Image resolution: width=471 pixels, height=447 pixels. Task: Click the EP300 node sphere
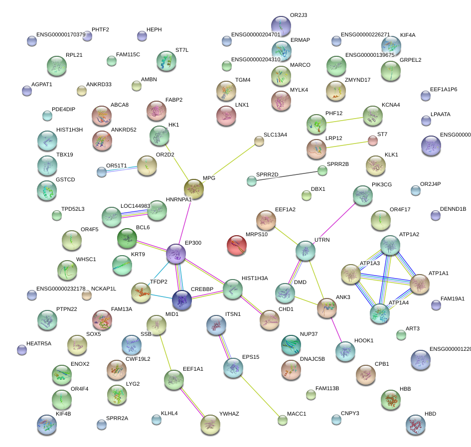pos(176,254)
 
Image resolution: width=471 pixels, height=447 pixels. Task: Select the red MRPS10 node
pos(237,246)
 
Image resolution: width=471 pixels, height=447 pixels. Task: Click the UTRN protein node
pos(306,251)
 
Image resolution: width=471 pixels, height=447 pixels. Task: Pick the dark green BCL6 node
pos(127,239)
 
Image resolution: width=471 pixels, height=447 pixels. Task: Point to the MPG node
pos(194,189)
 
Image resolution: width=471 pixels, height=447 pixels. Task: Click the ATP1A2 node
pos(390,245)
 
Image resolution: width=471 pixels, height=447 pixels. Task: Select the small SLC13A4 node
pos(259,141)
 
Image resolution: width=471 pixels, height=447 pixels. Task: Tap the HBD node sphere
pos(416,425)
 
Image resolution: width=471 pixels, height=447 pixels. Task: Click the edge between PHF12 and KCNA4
pos(344,119)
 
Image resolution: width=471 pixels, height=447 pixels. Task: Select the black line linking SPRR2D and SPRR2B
pos(287,176)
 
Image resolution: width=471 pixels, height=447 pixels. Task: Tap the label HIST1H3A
pos(255,278)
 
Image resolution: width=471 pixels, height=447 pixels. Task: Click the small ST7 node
pos(373,141)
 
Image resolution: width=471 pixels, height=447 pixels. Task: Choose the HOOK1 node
pos(345,351)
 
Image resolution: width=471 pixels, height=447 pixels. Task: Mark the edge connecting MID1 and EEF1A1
pos(166,352)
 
